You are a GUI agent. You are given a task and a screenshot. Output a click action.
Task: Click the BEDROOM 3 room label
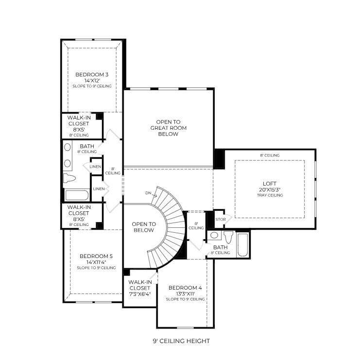coord(91,74)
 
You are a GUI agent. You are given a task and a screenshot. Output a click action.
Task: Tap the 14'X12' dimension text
coord(91,80)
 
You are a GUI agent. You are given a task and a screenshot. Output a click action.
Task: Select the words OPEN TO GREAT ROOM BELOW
coord(168,127)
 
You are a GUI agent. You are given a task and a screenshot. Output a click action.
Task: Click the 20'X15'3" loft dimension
coord(270,190)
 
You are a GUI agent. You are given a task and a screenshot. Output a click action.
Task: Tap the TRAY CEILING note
coord(270,195)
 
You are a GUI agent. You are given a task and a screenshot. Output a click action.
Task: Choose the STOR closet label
coord(220,219)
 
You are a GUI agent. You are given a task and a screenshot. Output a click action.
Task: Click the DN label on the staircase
coord(148,193)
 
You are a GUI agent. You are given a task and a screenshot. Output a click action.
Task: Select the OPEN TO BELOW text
coord(144,227)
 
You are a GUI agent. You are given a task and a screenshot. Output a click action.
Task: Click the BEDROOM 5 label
coord(96,256)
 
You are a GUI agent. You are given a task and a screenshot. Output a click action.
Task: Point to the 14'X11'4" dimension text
coord(96,262)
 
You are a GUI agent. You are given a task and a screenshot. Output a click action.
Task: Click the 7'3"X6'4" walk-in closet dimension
coord(140,293)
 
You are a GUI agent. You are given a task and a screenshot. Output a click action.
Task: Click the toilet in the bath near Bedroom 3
coord(69,179)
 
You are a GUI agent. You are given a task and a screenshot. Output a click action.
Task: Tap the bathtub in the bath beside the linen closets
coord(77,195)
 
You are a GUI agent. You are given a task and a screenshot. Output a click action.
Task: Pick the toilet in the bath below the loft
coord(228,237)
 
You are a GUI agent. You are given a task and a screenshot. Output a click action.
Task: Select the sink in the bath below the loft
coord(214,235)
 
